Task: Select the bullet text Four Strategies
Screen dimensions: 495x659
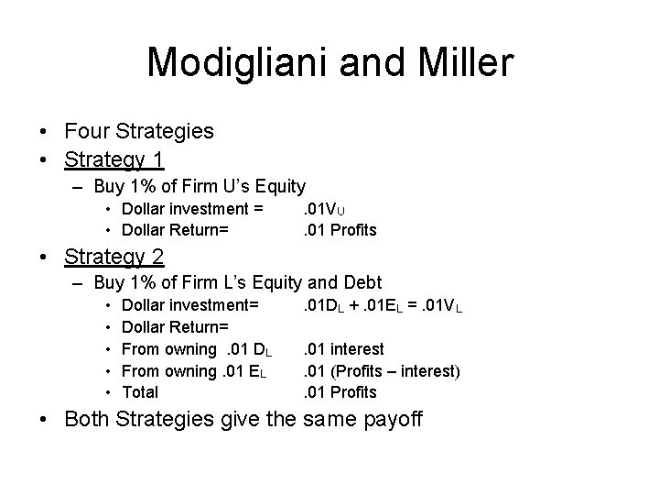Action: pos(139,131)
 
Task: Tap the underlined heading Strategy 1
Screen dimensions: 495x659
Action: pos(114,159)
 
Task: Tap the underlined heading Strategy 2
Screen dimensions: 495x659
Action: pos(114,257)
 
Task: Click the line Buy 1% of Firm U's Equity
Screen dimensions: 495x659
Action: pos(199,187)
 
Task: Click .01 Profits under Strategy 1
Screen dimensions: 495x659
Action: pos(340,229)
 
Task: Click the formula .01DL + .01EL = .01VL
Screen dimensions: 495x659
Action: pos(383,306)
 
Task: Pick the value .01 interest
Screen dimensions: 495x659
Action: pos(343,349)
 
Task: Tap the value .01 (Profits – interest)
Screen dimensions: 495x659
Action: pos(382,370)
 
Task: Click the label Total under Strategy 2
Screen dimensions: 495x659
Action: pos(140,392)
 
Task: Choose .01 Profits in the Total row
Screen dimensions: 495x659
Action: pos(340,392)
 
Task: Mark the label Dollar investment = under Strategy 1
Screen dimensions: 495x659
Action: pos(193,209)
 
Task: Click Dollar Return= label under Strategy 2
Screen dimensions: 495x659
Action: pos(175,327)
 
